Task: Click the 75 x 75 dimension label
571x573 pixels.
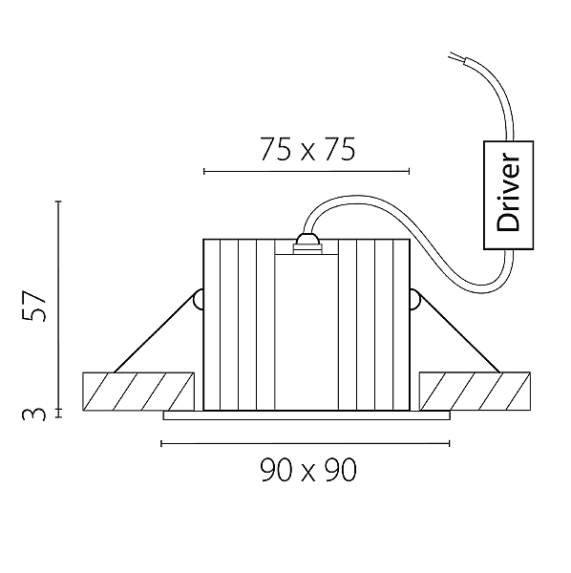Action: (307, 150)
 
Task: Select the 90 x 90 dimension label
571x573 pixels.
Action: (308, 470)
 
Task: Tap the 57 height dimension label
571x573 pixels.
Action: (34, 306)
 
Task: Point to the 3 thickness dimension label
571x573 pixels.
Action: (34, 414)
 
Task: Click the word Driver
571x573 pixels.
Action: (508, 193)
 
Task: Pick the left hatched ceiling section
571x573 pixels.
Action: (138, 392)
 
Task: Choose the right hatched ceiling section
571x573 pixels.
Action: (475, 391)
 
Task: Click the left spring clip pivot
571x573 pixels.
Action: (199, 299)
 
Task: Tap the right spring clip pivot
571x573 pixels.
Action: (414, 299)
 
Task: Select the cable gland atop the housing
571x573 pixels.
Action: (307, 244)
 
